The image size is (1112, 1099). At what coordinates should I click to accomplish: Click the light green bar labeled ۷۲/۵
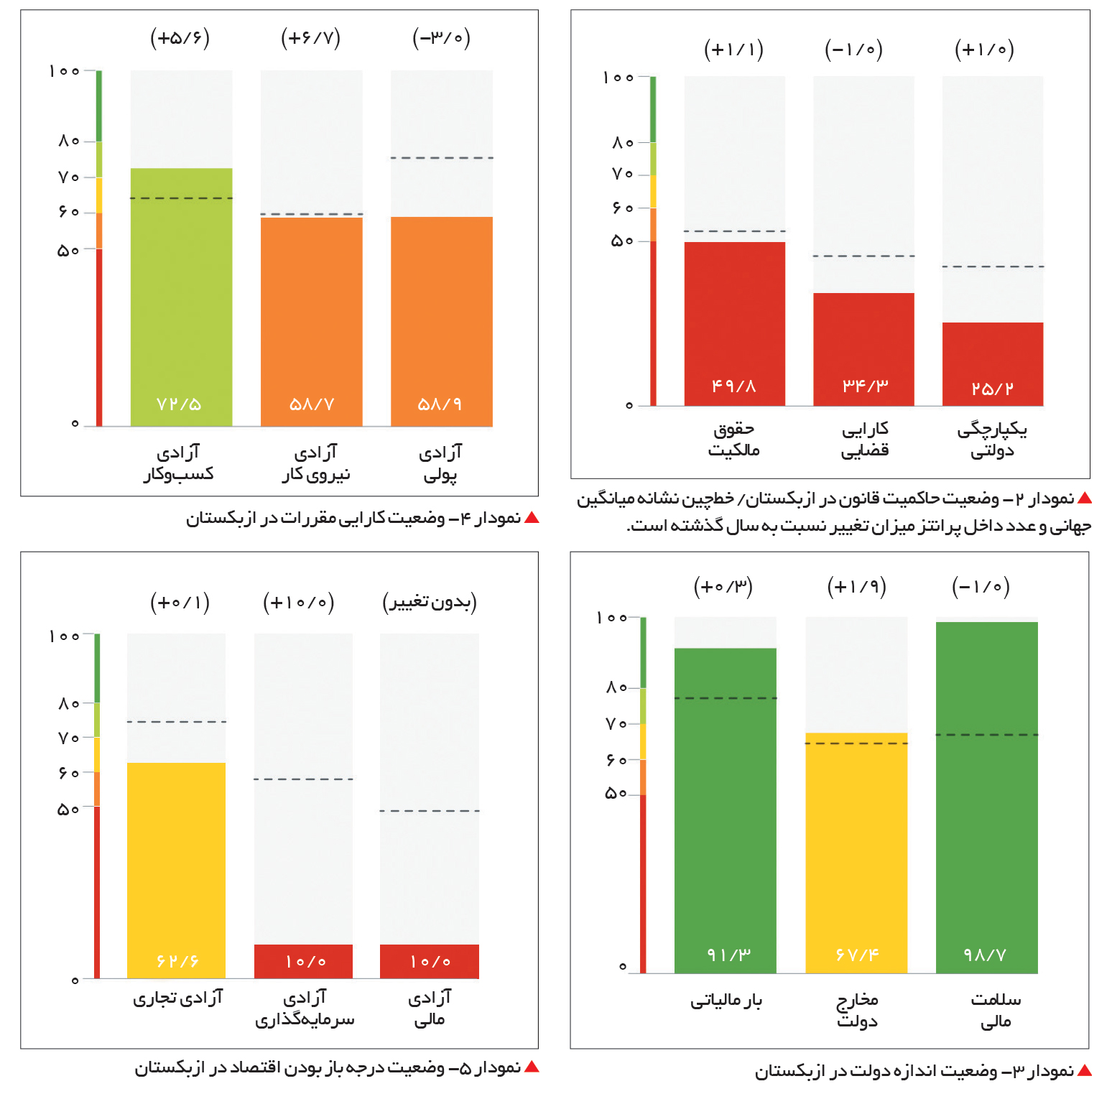click(181, 297)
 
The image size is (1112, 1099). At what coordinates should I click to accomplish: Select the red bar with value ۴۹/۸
click(734, 324)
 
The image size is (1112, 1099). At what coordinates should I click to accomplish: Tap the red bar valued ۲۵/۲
click(993, 364)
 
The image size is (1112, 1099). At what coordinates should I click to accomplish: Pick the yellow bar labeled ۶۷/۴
click(856, 853)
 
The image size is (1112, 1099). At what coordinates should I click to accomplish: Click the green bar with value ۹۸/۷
click(987, 798)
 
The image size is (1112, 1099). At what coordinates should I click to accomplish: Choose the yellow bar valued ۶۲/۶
click(176, 871)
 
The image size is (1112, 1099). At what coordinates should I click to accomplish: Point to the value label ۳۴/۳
click(865, 386)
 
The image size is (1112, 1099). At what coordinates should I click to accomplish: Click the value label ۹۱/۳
click(728, 955)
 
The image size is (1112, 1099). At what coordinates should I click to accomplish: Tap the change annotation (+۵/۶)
click(180, 37)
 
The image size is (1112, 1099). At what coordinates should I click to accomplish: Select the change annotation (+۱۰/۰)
click(299, 602)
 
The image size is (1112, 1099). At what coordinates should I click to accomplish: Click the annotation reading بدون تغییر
click(430, 602)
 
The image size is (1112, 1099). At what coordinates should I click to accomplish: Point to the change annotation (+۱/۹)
click(856, 587)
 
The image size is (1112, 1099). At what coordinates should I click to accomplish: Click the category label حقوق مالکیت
click(733, 440)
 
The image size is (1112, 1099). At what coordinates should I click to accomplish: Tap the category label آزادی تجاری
click(178, 998)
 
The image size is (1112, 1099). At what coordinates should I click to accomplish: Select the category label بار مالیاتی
click(726, 1000)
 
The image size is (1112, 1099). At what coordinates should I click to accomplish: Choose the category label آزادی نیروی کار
click(316, 463)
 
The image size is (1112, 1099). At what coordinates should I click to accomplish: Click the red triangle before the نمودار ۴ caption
click(532, 517)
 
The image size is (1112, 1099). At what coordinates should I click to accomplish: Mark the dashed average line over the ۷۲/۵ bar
click(181, 198)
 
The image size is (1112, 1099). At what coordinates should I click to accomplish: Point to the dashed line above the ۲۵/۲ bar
click(993, 266)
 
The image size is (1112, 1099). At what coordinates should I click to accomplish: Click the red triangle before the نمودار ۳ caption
click(1085, 1071)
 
